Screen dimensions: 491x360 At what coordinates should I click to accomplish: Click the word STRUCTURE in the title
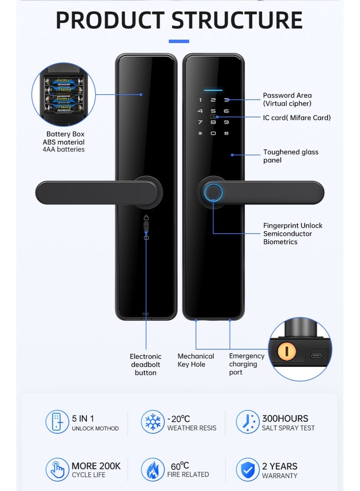(237, 20)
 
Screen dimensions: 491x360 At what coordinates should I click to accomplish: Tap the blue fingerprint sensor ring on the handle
(213, 192)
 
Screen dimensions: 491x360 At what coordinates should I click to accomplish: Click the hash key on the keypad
(226, 134)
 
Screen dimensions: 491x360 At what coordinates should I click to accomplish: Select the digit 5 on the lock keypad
(213, 111)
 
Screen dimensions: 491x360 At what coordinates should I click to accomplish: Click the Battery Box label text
(65, 134)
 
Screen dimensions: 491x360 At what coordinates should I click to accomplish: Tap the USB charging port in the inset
(316, 355)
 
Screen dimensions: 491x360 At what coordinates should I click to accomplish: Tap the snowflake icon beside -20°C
(153, 422)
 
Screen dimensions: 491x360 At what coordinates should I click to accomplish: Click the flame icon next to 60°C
(153, 469)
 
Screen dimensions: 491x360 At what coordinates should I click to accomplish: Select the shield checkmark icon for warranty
(247, 469)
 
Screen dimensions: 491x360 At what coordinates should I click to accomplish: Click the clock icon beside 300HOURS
(247, 422)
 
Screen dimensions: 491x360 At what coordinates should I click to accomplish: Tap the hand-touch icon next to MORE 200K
(57, 469)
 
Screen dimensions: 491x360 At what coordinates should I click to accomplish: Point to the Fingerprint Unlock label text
(292, 226)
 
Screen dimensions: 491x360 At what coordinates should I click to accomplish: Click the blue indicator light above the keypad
(213, 89)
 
